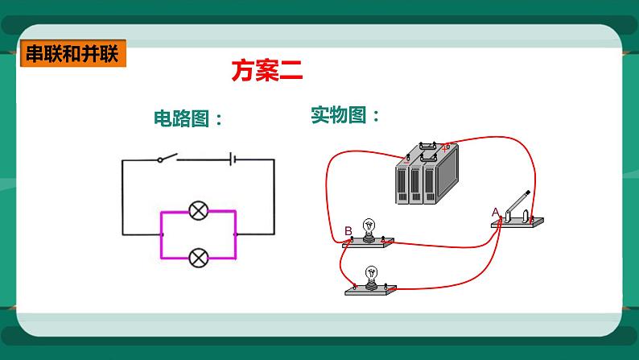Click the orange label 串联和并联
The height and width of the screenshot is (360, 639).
(72, 55)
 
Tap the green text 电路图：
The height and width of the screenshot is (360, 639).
(187, 119)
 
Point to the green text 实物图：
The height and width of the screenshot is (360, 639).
(345, 115)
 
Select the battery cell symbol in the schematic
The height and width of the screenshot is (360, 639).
(233, 159)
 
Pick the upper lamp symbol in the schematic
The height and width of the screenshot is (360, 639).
(198, 212)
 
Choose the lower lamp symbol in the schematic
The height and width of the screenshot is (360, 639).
(198, 259)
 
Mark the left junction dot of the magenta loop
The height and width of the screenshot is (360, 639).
(162, 234)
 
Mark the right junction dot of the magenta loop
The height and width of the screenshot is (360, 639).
(235, 234)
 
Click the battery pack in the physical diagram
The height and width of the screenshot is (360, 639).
(424, 175)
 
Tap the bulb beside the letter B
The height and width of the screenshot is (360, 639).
(369, 228)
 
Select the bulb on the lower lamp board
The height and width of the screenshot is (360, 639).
(371, 275)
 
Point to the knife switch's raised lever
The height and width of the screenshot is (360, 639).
(520, 201)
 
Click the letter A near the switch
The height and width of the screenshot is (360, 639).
(496, 212)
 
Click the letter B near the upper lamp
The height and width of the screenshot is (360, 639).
(348, 232)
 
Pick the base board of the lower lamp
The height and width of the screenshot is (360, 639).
(373, 290)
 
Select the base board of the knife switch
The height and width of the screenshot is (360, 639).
(519, 222)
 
